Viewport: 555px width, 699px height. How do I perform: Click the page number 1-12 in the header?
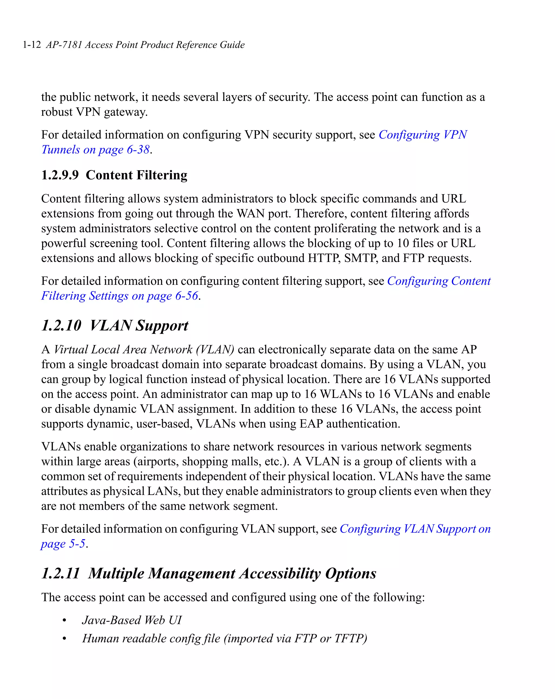click(32, 45)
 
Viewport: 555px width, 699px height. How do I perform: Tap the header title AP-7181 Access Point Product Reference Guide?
click(145, 45)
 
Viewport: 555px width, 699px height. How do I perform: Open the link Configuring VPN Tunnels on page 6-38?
click(422, 134)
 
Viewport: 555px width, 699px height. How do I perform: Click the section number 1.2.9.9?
click(60, 175)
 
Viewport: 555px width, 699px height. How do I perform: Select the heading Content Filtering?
click(137, 175)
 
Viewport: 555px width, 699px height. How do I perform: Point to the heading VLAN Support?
click(138, 326)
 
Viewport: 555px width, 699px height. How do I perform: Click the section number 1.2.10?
click(61, 326)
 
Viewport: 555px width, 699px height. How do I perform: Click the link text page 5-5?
click(63, 544)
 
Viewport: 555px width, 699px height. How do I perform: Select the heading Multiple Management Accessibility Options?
click(232, 573)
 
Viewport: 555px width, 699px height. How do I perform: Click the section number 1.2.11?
click(61, 573)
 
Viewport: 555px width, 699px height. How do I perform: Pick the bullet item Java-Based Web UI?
click(132, 620)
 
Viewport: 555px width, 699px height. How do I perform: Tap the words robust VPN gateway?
click(94, 112)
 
